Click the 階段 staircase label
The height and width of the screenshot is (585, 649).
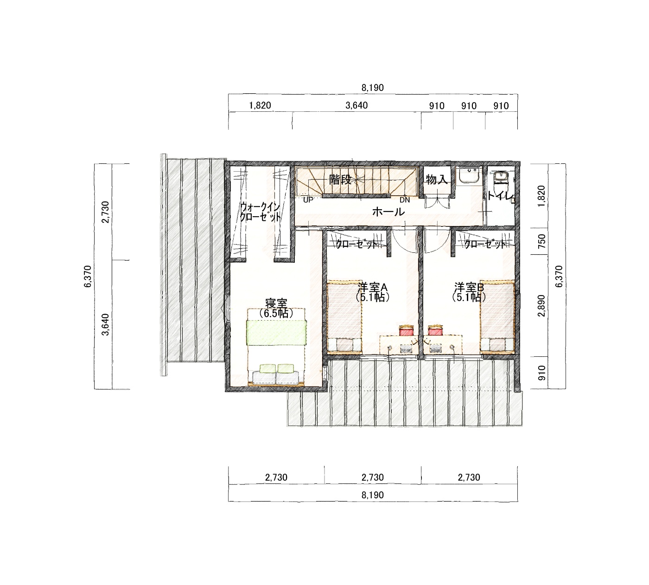[x=340, y=180]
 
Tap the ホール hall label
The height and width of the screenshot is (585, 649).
[x=388, y=212]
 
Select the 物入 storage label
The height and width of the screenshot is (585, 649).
[x=437, y=180]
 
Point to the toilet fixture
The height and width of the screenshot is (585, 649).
[x=502, y=179]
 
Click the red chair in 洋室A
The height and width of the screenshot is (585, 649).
[x=407, y=331]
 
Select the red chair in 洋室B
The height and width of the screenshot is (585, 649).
[x=435, y=331]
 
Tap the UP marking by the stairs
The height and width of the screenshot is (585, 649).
[x=308, y=200]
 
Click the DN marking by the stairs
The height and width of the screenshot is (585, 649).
[x=405, y=200]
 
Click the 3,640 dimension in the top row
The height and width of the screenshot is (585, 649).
[x=356, y=106]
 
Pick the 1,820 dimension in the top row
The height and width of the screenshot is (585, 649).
[x=260, y=106]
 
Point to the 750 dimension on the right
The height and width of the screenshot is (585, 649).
[x=542, y=241]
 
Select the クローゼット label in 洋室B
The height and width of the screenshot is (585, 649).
[x=485, y=244]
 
